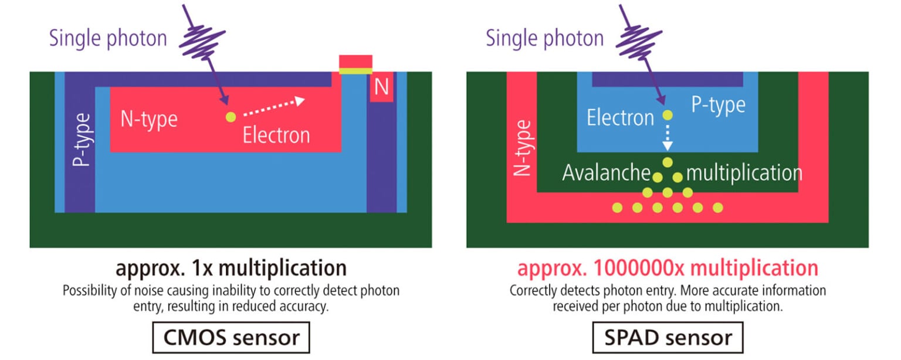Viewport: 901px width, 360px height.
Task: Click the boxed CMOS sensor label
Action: (231, 337)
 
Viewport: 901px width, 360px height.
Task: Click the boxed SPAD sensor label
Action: (668, 337)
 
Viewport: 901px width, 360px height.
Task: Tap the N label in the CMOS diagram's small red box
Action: (381, 87)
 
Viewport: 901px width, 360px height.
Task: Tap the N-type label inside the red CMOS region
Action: (148, 119)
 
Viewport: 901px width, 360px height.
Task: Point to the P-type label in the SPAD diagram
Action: (718, 106)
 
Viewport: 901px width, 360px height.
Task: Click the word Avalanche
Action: (606, 173)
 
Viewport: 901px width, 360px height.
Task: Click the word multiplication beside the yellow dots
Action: (744, 173)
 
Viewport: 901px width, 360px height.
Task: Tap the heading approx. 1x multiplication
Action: (231, 268)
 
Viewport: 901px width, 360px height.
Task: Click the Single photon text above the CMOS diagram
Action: (108, 39)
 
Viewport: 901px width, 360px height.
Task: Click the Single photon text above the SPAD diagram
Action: (544, 39)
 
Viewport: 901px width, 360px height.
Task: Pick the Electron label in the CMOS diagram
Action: (276, 135)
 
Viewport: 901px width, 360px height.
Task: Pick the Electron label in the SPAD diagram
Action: (620, 118)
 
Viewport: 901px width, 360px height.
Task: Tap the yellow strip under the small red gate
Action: (355, 72)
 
